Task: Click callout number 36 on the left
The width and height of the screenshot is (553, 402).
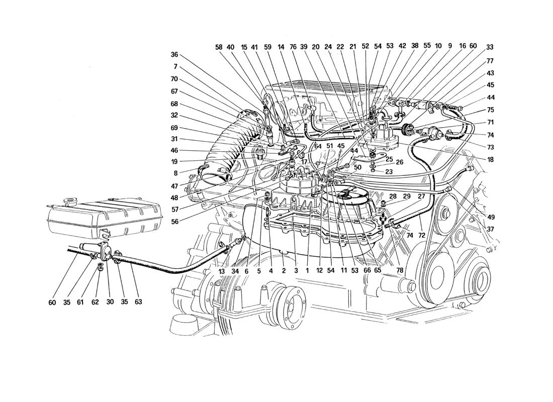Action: click(x=174, y=55)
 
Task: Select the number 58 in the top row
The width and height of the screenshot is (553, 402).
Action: click(x=219, y=47)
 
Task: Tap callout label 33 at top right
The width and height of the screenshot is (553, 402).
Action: click(x=490, y=47)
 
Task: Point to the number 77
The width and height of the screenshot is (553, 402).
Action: click(x=490, y=61)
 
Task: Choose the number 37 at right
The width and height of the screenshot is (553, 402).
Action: click(x=490, y=230)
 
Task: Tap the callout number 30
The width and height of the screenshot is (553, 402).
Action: click(x=110, y=302)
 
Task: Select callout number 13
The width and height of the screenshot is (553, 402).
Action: click(x=222, y=271)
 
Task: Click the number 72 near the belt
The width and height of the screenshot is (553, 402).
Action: click(x=422, y=235)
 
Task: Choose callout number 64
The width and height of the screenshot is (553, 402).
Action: click(x=318, y=146)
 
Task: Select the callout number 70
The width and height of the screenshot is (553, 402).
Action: click(x=174, y=79)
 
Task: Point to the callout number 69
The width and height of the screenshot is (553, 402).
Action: click(x=174, y=128)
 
